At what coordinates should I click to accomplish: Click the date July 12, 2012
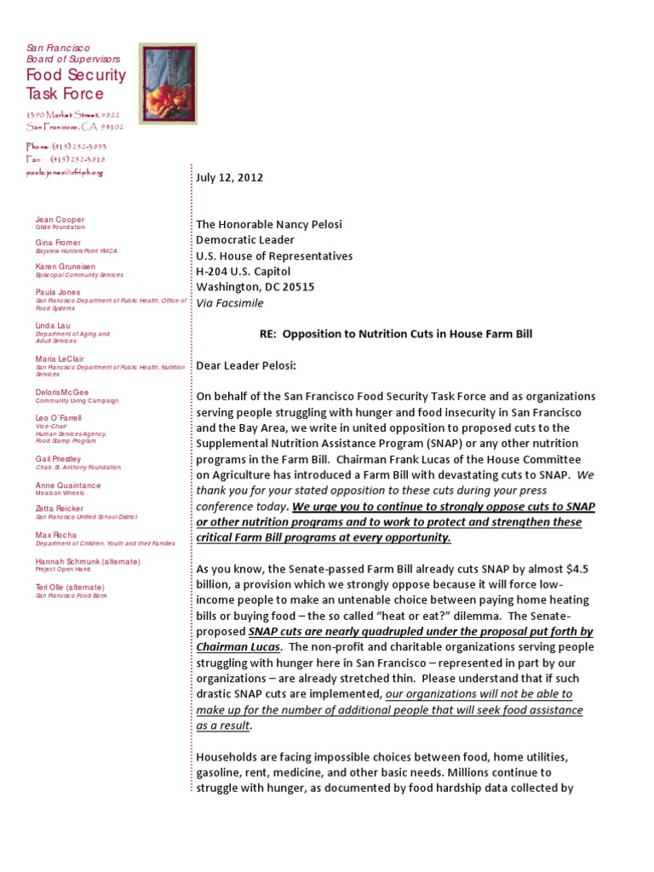(230, 178)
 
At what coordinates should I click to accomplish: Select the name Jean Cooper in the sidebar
(60, 220)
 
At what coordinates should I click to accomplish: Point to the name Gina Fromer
(58, 243)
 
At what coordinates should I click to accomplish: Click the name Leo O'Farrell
(59, 418)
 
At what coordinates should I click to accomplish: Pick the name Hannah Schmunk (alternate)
(88, 562)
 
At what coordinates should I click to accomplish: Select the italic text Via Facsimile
(231, 302)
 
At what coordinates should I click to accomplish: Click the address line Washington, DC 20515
(255, 287)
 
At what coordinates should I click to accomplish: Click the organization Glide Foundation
(60, 228)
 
